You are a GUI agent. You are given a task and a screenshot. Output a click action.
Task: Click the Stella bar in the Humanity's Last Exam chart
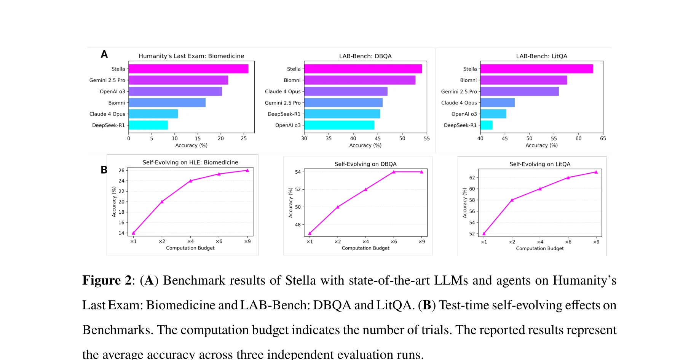click(x=188, y=69)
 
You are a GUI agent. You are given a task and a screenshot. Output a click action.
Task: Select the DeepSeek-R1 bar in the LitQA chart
click(x=486, y=125)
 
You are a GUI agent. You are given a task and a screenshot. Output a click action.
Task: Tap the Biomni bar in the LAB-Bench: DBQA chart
click(x=359, y=80)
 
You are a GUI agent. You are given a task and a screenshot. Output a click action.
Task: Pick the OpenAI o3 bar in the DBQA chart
click(x=339, y=125)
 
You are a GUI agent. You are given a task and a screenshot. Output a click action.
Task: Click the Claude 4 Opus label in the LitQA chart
click(x=459, y=103)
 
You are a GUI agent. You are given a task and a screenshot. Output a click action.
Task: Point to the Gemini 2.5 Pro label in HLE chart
click(x=107, y=80)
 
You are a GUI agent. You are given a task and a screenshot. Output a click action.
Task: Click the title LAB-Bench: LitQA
click(x=541, y=56)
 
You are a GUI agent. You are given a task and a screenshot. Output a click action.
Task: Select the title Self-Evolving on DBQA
click(x=365, y=164)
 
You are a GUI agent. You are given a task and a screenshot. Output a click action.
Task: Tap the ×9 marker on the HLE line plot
click(x=247, y=170)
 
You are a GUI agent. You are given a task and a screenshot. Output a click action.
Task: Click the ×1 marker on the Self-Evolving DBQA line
click(x=310, y=233)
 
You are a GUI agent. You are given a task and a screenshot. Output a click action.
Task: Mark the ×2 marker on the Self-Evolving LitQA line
click(x=512, y=200)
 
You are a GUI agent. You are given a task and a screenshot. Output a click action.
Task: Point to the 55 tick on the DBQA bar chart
click(x=427, y=139)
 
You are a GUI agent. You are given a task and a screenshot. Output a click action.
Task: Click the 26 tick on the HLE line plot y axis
click(x=121, y=170)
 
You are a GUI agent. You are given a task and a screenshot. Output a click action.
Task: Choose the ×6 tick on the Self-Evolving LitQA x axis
click(x=568, y=242)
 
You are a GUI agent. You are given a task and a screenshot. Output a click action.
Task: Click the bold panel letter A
click(x=104, y=54)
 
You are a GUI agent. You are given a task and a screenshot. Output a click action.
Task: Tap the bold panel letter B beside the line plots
click(x=104, y=170)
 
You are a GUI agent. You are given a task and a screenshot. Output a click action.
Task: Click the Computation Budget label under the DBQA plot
click(x=365, y=248)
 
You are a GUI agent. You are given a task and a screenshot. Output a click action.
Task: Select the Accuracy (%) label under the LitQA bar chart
click(x=541, y=146)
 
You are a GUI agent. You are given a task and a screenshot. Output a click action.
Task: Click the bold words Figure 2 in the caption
click(x=107, y=281)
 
